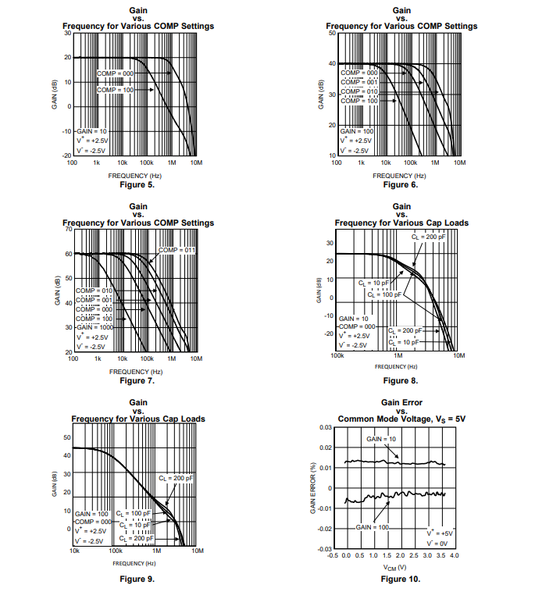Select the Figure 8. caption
tap(401, 380)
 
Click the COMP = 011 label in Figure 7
tap(177, 249)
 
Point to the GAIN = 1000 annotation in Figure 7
tap(95, 327)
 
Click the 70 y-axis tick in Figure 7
tap(68, 229)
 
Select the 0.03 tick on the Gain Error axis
tap(326, 428)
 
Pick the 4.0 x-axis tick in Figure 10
tap(454, 555)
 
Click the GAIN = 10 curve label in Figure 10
tap(381, 440)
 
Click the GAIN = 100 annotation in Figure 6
tap(356, 131)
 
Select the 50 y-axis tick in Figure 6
tap(333, 34)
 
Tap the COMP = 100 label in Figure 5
tap(116, 91)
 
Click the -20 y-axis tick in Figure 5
tap(66, 156)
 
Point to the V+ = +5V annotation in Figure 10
tap(439, 533)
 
